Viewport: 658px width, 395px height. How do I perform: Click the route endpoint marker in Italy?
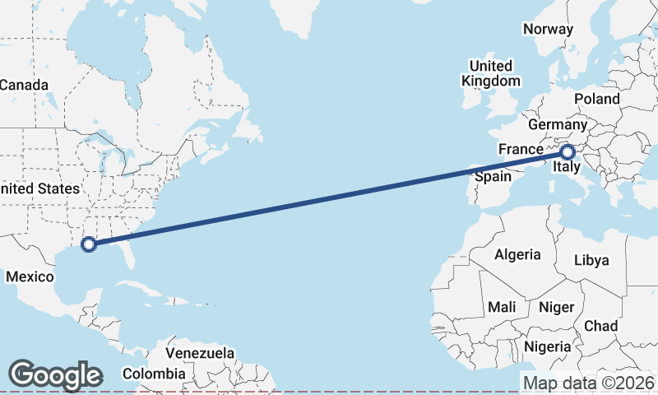pyautogui.click(x=568, y=151)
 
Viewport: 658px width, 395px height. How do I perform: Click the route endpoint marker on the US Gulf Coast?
pyautogui.click(x=89, y=244)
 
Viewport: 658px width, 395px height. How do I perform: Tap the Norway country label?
pyautogui.click(x=547, y=29)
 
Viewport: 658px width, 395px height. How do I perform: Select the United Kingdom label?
pyautogui.click(x=491, y=73)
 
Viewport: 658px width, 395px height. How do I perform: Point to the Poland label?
pyautogui.click(x=597, y=99)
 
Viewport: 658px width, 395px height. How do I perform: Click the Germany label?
pyautogui.click(x=558, y=124)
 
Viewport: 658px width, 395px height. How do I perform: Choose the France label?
pyautogui.click(x=521, y=150)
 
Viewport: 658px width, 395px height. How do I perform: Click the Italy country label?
pyautogui.click(x=566, y=168)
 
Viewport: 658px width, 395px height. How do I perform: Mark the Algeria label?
pyautogui.click(x=517, y=254)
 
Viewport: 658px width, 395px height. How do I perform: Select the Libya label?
pyautogui.click(x=591, y=260)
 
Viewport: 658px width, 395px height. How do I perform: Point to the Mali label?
pyautogui.click(x=502, y=307)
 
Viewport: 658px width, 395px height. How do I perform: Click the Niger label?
pyautogui.click(x=555, y=307)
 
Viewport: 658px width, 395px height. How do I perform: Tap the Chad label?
pyautogui.click(x=600, y=326)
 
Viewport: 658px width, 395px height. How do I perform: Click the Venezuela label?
pyautogui.click(x=200, y=353)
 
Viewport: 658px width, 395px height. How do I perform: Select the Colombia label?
pyautogui.click(x=154, y=374)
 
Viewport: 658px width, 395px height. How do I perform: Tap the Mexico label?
pyautogui.click(x=30, y=276)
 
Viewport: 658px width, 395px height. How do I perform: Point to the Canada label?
pyautogui.click(x=24, y=85)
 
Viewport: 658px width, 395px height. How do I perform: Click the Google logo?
pyautogui.click(x=55, y=375)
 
